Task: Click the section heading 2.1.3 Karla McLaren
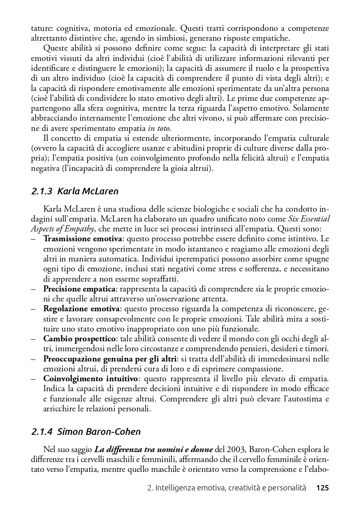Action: click(75, 191)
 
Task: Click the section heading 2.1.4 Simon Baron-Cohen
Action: click(86, 432)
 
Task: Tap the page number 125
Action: click(323, 488)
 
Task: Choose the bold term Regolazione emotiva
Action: click(81, 309)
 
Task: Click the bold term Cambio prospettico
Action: click(79, 339)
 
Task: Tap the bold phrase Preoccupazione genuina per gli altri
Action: click(110, 359)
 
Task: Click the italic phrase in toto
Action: click(158, 128)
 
